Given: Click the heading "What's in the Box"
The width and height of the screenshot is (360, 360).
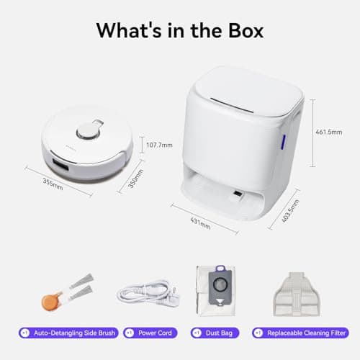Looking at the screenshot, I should (x=179, y=31).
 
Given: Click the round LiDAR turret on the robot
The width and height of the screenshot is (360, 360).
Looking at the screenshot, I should (x=88, y=131).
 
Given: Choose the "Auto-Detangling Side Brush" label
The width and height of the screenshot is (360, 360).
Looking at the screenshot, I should (x=71, y=333).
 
